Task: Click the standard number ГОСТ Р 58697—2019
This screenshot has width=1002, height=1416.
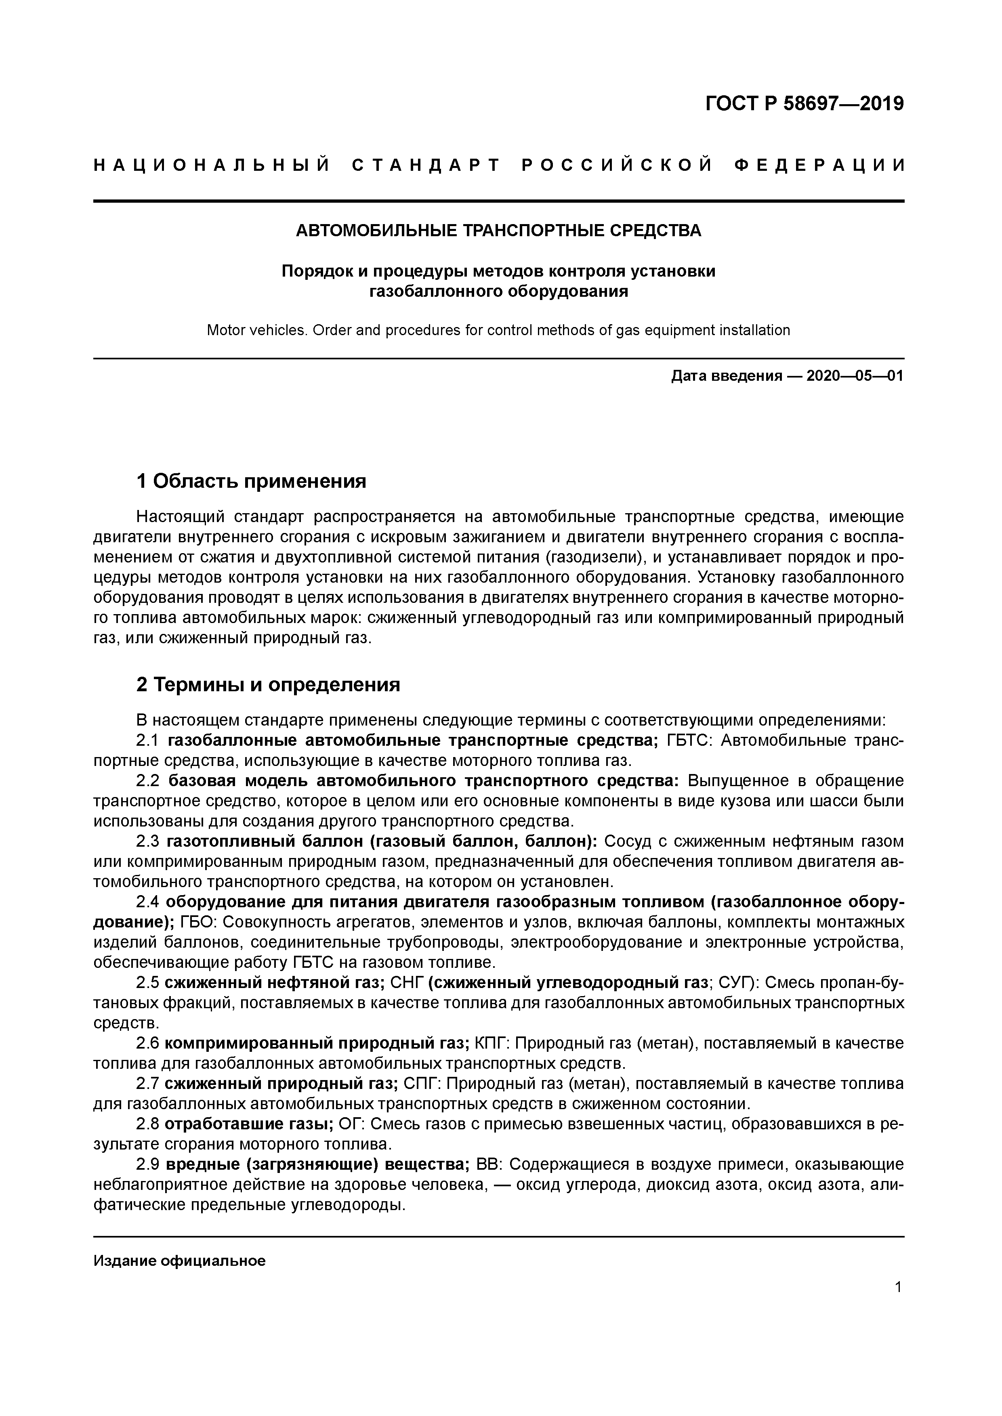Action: [x=804, y=104]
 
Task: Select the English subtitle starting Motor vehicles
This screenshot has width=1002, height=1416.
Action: [x=498, y=331]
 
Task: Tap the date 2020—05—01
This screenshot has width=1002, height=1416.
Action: [x=855, y=376]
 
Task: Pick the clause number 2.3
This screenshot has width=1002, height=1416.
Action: [x=147, y=841]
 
